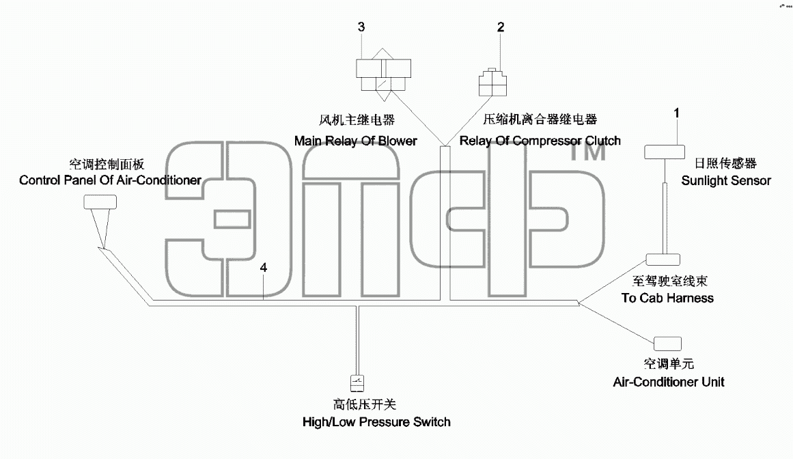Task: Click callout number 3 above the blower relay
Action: pos(361,27)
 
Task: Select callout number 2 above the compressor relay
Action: pos(501,27)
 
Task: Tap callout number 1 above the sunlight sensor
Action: pos(677,113)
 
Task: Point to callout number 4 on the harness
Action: pos(264,268)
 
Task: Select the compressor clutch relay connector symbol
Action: pos(492,82)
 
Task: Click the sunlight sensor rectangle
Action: pos(664,152)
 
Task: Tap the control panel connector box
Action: pos(100,202)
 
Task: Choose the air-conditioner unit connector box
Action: pos(667,344)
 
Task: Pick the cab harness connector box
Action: pos(663,260)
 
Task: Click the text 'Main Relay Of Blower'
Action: pos(356,141)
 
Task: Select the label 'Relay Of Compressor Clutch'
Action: pos(540,141)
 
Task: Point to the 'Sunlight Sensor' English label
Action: pos(726,180)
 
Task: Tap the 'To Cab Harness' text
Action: pos(667,298)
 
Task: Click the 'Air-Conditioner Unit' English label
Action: pos(669,382)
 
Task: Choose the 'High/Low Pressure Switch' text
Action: pos(376,421)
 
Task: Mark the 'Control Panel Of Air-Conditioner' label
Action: pos(110,180)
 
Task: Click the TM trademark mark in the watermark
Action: pos(587,151)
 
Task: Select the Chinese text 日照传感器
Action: pos(725,163)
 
